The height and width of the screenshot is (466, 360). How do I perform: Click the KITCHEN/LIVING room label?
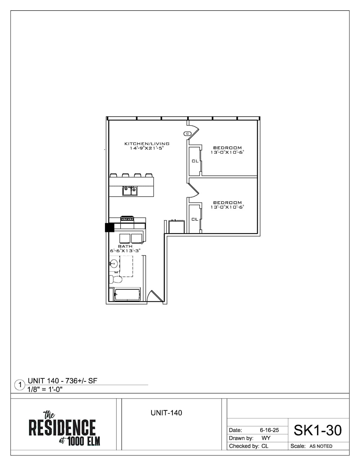[x=147, y=144]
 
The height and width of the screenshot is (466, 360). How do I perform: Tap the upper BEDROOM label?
[x=227, y=148]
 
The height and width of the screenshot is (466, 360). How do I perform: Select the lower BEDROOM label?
[x=227, y=203]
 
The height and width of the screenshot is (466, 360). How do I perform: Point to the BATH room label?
[x=125, y=246]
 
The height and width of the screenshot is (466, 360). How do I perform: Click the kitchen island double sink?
[x=130, y=191]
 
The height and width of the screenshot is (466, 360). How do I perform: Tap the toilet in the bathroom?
[x=115, y=279]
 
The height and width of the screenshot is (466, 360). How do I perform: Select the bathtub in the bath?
[x=127, y=295]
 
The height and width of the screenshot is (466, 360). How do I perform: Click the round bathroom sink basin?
[x=114, y=263]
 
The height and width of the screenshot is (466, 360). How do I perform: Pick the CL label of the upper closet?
[x=195, y=161]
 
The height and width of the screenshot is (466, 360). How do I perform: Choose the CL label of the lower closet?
[x=195, y=219]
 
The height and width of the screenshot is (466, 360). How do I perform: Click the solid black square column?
[x=109, y=227]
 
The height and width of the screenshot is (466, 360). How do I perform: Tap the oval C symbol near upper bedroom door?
[x=187, y=134]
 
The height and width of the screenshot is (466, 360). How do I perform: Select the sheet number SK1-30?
[x=317, y=430]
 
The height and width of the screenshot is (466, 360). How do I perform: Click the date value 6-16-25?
[x=269, y=430]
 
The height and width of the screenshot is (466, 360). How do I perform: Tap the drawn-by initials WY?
[x=266, y=438]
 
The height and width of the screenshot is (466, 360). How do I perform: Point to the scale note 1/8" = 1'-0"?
[x=45, y=389]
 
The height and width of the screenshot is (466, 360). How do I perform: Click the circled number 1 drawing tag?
[x=20, y=385]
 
